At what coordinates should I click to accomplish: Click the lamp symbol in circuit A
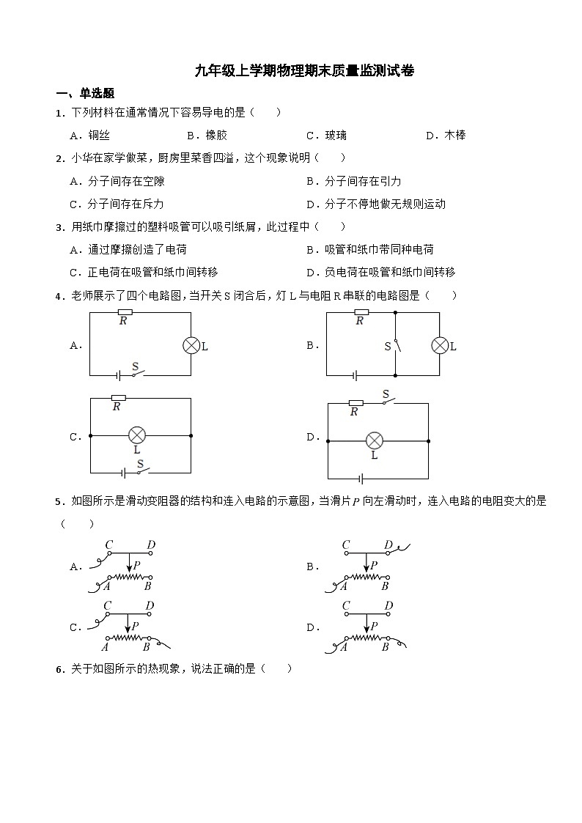(191, 346)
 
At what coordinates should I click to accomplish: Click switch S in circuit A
(136, 373)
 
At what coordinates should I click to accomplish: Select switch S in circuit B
(396, 345)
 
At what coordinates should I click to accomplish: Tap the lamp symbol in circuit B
(440, 346)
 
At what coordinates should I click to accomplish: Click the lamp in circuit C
(136, 435)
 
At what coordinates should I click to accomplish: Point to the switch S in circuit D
(386, 400)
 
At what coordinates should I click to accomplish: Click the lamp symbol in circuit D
(375, 440)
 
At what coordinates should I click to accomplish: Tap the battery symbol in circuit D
(361, 479)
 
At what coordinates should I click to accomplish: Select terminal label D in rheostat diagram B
(388, 545)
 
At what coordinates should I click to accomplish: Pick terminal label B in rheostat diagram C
(147, 646)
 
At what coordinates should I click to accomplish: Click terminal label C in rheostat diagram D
(346, 606)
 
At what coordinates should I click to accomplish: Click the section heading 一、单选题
(85, 93)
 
